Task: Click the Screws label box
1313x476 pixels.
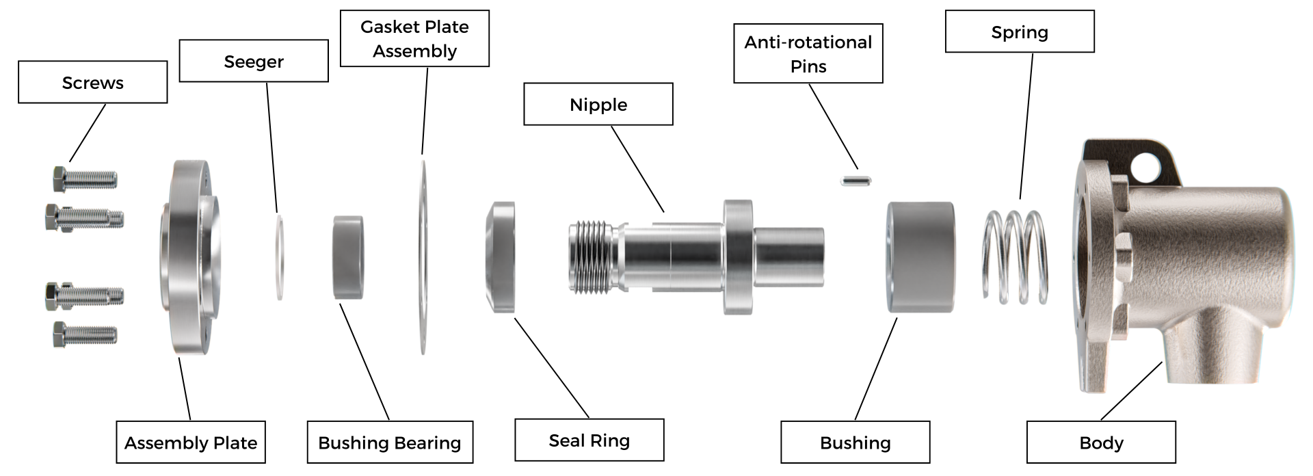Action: [x=92, y=82]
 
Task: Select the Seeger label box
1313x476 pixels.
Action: [x=253, y=61]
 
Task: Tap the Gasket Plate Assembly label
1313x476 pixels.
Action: [x=414, y=38]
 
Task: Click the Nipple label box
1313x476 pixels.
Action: [x=598, y=104]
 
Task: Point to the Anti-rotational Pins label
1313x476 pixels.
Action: [x=808, y=53]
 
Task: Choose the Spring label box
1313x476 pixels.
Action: [x=1019, y=31]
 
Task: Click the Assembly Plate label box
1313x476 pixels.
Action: [x=190, y=442]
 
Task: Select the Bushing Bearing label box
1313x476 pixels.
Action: [x=390, y=442]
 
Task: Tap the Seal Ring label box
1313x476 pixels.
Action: [x=589, y=440]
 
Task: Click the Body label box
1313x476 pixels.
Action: [x=1101, y=442]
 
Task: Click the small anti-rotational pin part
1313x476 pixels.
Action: [x=856, y=181]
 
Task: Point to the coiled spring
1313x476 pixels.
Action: [x=1016, y=256]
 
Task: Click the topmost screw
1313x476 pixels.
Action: [x=85, y=179]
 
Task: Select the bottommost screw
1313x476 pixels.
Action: [x=85, y=334]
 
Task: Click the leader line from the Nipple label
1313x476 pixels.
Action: [x=637, y=169]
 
